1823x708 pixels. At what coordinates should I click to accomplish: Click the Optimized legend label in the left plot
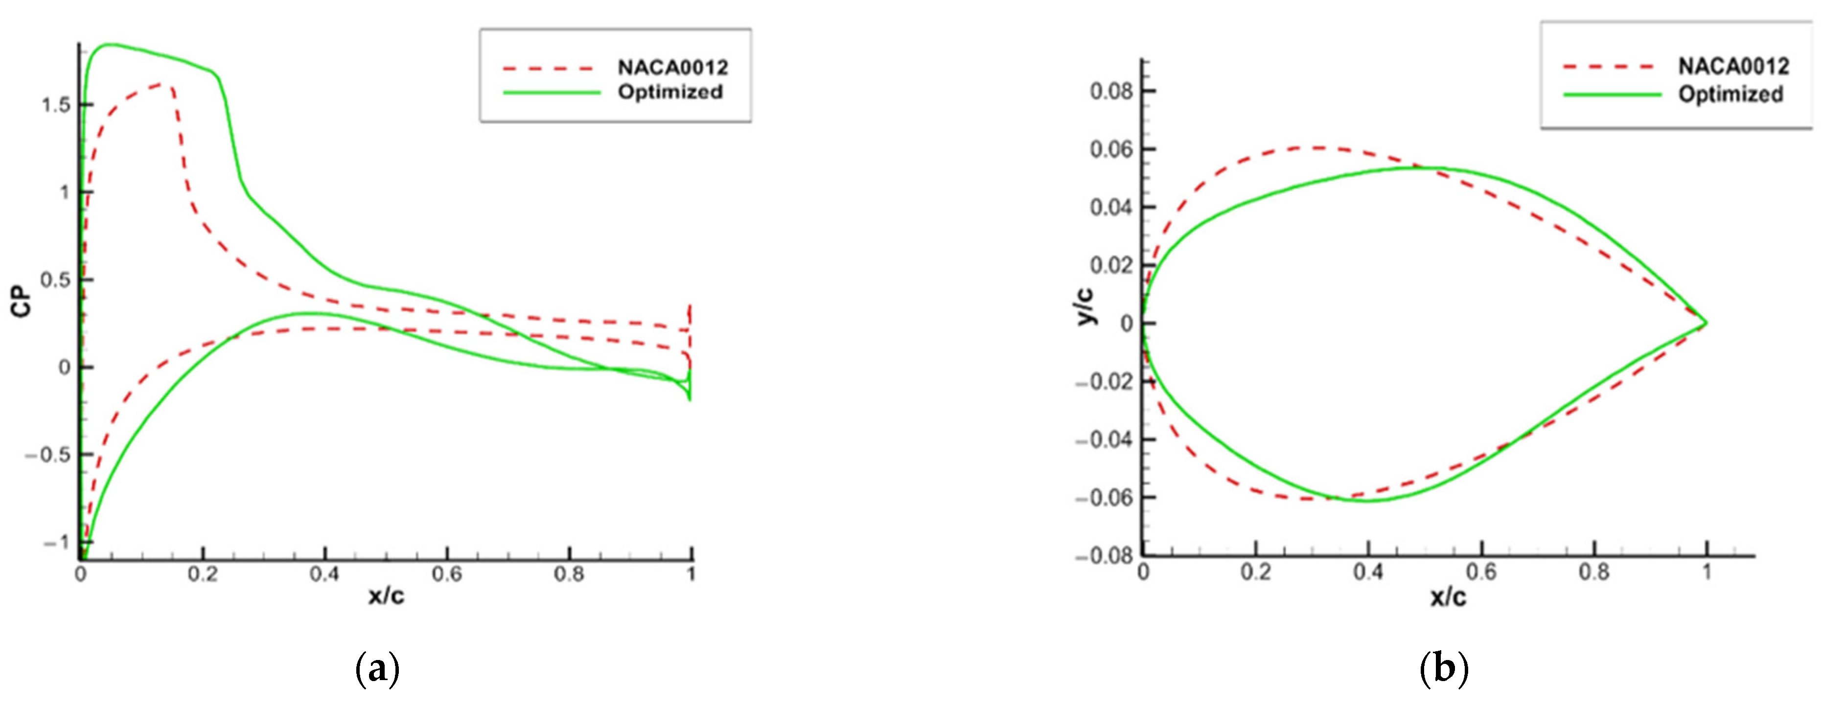669,92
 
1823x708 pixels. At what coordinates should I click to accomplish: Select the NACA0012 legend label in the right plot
1733,67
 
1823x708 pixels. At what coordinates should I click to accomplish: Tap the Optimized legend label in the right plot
1731,94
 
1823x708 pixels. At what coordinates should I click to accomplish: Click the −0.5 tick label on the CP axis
47,454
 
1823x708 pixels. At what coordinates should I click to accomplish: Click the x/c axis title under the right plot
1448,597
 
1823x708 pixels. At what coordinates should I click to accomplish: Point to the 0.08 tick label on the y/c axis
1112,92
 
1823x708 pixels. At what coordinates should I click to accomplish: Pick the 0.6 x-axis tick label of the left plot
446,573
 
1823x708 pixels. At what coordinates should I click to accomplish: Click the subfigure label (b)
1444,669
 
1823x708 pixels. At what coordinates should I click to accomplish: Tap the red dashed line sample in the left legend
547,68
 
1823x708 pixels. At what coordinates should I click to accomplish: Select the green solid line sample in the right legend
1612,94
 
